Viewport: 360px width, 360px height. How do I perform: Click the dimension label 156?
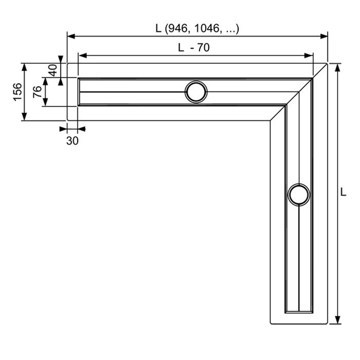click(17, 92)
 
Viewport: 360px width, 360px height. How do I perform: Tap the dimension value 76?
click(37, 92)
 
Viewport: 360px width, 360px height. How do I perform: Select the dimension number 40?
click(53, 70)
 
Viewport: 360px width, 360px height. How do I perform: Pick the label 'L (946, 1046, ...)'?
click(197, 29)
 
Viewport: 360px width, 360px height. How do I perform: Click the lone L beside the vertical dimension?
click(344, 192)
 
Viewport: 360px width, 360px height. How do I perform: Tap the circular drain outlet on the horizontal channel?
click(196, 92)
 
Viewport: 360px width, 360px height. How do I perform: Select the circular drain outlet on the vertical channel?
click(298, 195)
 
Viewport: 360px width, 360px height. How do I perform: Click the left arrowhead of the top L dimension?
click(71, 36)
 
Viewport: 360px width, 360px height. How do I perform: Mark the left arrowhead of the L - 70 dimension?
click(82, 55)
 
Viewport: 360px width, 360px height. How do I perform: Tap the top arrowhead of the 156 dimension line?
click(24, 66)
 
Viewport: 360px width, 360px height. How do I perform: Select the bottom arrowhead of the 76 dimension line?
click(45, 102)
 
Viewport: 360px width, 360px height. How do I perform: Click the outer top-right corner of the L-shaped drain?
click(327, 63)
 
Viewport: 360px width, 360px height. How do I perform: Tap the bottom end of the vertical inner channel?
click(298, 311)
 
